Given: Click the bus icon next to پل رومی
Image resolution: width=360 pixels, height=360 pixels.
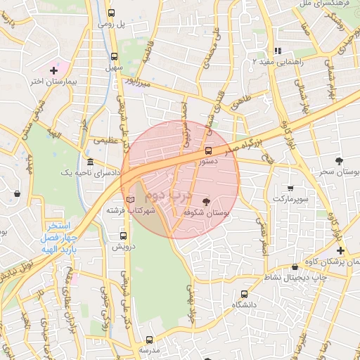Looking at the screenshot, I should (x=112, y=13).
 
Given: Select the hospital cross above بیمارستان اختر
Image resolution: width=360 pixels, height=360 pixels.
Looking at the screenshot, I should (x=53, y=70).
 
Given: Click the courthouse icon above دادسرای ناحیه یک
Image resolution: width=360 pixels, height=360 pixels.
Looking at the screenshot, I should (x=89, y=162).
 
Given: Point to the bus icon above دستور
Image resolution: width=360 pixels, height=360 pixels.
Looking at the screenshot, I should (x=208, y=150).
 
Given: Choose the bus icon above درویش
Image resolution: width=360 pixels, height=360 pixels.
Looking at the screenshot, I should (x=124, y=236).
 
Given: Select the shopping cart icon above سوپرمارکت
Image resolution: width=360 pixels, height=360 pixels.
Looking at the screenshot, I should (x=290, y=188).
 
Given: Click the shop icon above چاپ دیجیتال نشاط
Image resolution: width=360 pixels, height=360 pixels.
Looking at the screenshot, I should (x=295, y=266).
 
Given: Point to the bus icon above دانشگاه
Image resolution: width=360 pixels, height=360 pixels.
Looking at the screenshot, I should (x=244, y=295).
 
